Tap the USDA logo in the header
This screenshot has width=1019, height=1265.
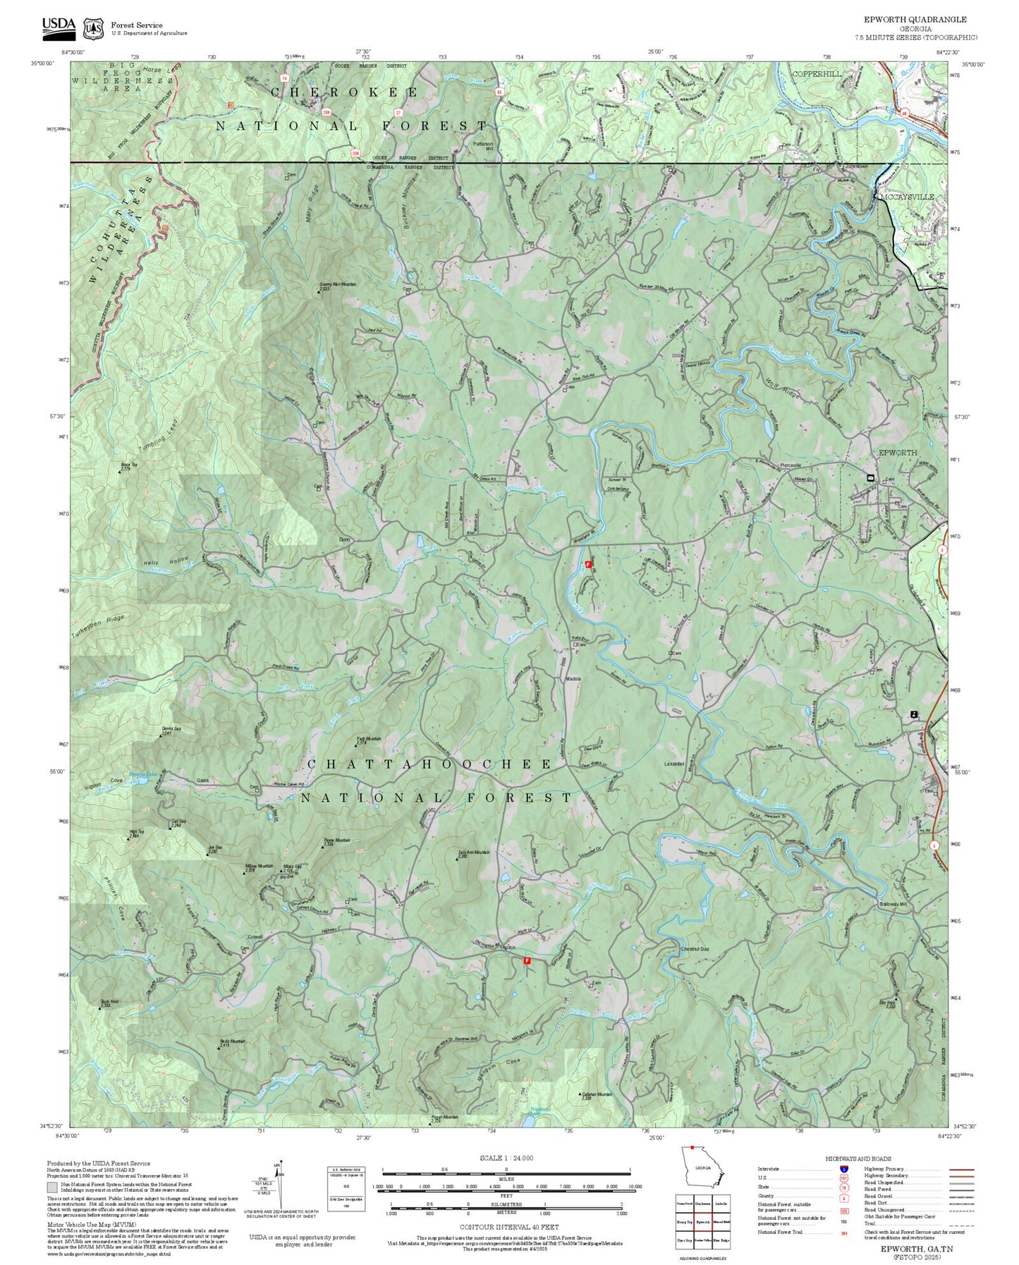59,25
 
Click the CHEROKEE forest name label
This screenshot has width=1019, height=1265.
344,92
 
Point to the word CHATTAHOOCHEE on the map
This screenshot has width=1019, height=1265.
429,764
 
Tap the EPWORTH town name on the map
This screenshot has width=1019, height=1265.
897,453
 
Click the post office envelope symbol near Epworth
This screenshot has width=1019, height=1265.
870,478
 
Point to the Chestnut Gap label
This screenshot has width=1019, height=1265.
695,949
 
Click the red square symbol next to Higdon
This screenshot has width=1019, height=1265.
527,960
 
